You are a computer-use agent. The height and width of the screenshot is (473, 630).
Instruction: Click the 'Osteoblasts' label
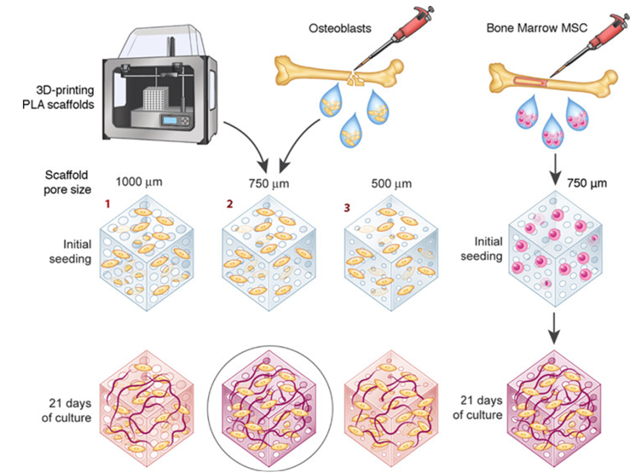click(339, 28)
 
